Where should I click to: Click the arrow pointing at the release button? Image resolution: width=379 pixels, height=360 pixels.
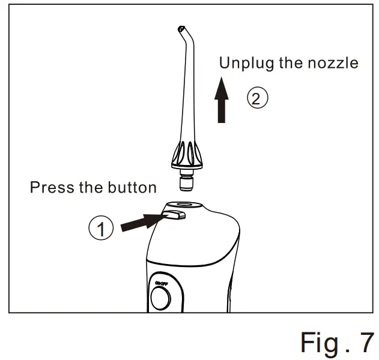(x=142, y=223)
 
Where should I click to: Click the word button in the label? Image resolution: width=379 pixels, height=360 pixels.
(x=132, y=187)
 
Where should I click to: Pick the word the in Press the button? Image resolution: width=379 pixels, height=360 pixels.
(x=91, y=187)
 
